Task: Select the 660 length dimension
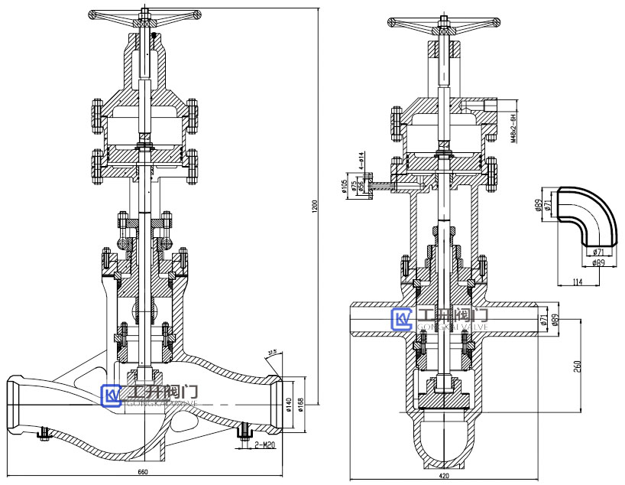(143, 470)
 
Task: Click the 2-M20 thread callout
(265, 444)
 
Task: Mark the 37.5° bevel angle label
(273, 352)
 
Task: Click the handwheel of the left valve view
(144, 15)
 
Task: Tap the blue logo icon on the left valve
(112, 394)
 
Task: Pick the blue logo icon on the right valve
(401, 320)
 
